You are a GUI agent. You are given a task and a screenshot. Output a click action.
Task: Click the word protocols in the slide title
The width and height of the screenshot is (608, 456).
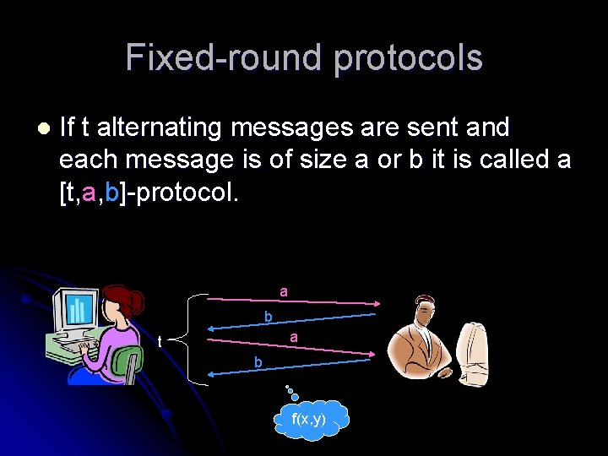point(408,58)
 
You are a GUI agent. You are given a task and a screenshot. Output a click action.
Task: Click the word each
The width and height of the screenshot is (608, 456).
point(85,160)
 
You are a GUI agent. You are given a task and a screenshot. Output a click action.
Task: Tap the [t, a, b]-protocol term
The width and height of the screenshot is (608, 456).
point(149,192)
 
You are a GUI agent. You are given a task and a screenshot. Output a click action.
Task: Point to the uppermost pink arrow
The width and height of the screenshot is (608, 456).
point(291,303)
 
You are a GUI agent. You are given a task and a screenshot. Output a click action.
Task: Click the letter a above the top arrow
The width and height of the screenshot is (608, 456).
point(284,291)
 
